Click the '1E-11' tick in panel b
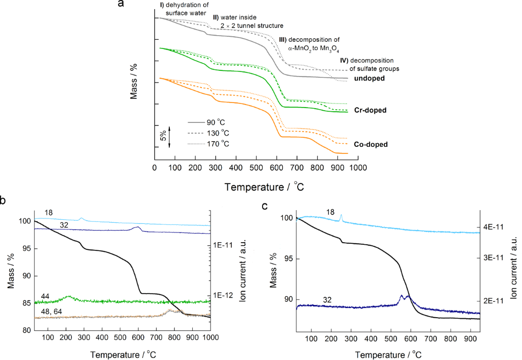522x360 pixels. point(224,245)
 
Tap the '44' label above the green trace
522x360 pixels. point(45,297)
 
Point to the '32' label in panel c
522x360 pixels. point(327,300)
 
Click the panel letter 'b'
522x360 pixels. point(4,201)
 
